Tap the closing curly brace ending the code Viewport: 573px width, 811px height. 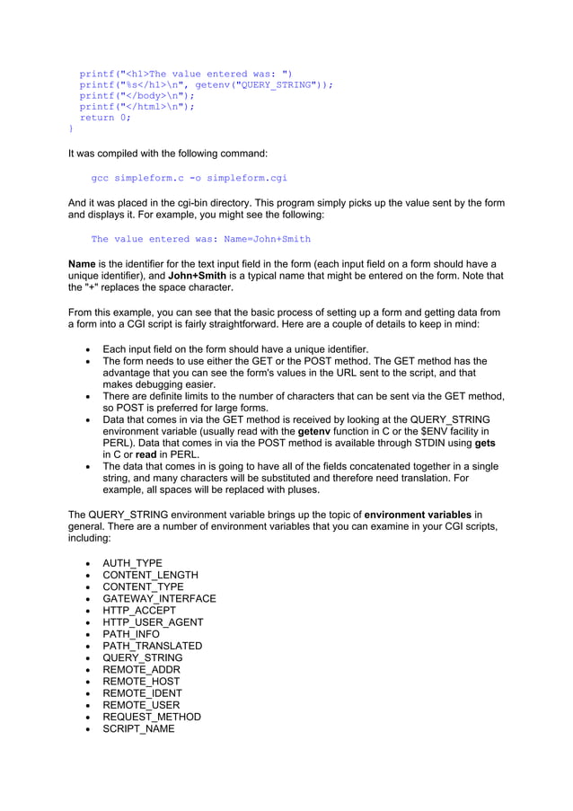[71, 128]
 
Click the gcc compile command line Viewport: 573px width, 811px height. [189, 178]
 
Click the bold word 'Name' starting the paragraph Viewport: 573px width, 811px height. [83, 264]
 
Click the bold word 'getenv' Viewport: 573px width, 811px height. [315, 431]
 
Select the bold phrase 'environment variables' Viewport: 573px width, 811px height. [418, 515]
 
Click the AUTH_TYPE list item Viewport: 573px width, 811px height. [132, 563]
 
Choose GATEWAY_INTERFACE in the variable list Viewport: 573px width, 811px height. [159, 599]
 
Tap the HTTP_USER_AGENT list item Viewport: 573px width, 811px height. [153, 622]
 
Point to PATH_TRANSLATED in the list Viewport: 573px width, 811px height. [152, 646]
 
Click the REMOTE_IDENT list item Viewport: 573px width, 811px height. [142, 693]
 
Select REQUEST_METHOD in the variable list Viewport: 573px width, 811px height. [151, 717]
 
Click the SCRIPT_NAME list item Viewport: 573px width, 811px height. [138, 728]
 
